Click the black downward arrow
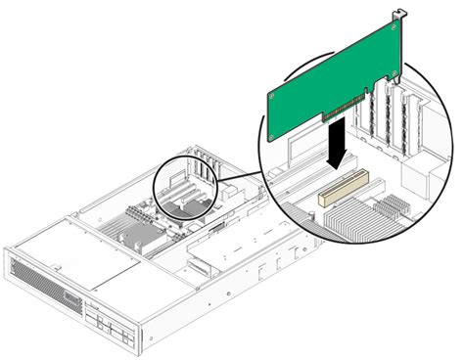coord(335,143)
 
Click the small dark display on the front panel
coord(73,295)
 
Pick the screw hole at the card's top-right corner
coord(394,28)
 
